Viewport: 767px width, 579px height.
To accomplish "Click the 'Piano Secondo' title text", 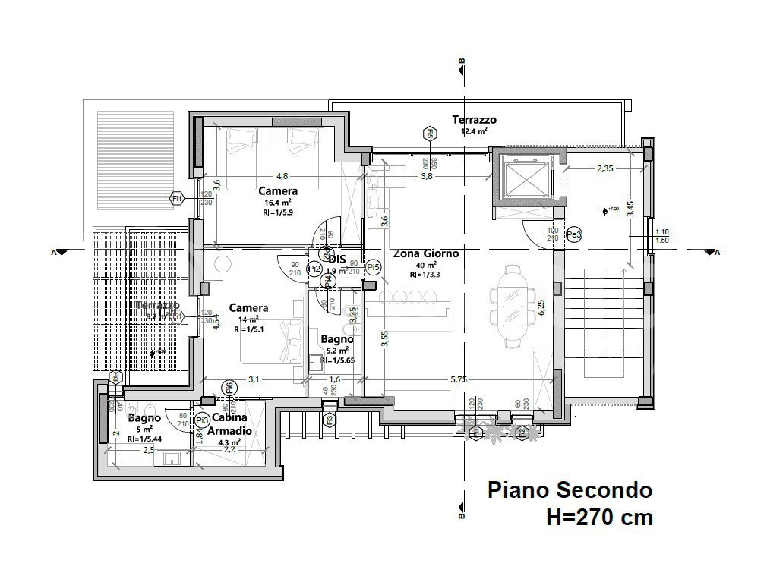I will point(569,489).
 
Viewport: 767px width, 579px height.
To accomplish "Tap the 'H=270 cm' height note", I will point(599,518).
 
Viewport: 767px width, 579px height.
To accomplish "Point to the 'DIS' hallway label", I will point(336,259).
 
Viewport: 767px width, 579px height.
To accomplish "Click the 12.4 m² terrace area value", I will point(474,131).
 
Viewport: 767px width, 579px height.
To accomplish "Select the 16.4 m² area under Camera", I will point(277,203).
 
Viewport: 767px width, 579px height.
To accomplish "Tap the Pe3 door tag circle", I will point(574,235).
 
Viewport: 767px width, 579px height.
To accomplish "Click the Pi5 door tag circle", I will point(372,267).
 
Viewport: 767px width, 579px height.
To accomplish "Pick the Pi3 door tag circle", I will point(201,420).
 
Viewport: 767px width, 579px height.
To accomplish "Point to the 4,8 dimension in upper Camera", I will point(282,175).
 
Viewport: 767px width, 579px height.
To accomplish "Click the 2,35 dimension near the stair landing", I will point(605,168).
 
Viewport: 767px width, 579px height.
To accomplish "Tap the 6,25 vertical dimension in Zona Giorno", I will point(541,306).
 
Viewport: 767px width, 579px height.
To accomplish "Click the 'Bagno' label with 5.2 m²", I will point(336,339).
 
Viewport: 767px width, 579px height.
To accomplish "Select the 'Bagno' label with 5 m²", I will point(144,418).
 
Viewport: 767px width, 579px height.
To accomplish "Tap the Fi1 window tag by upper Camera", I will point(177,199).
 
